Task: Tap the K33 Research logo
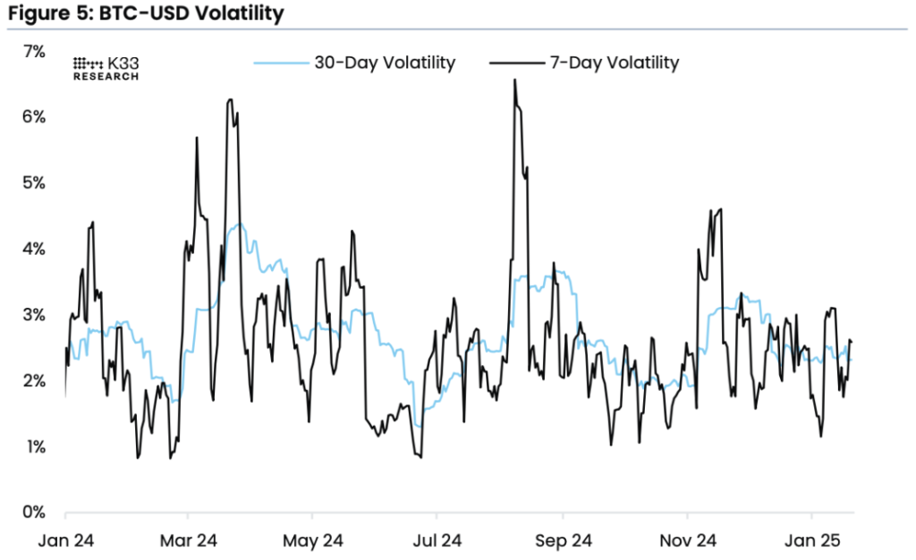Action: [x=106, y=69]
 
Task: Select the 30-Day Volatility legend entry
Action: [x=354, y=63]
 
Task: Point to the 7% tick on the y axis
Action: [x=33, y=51]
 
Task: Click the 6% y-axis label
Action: [x=33, y=117]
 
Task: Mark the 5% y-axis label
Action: [x=33, y=182]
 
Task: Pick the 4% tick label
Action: [x=33, y=249]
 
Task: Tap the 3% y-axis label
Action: [x=33, y=315]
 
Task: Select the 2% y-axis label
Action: [x=33, y=381]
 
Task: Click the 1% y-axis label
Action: [x=33, y=446]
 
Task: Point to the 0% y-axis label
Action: [x=33, y=513]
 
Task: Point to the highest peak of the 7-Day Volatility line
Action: [x=514, y=81]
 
